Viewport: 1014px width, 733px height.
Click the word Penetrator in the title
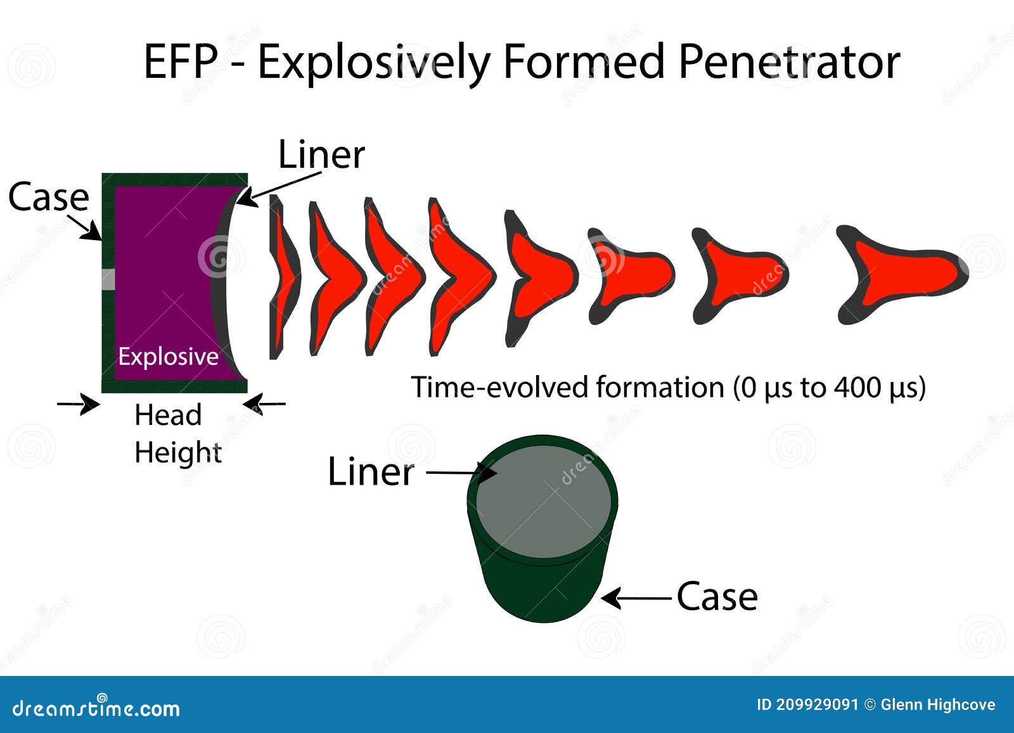pos(789,63)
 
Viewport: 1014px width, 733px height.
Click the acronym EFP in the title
pos(180,63)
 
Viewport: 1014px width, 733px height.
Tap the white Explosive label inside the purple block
pos(168,357)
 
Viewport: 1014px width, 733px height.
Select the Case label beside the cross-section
pos(48,197)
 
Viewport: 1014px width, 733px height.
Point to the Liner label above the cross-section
pos(321,155)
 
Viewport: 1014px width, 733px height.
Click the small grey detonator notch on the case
pos(108,279)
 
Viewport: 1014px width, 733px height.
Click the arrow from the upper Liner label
pos(279,189)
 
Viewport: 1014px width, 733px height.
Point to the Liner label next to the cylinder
pos(371,473)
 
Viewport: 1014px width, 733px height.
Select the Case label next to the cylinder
pos(717,597)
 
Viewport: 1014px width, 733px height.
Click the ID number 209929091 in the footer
pos(818,704)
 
